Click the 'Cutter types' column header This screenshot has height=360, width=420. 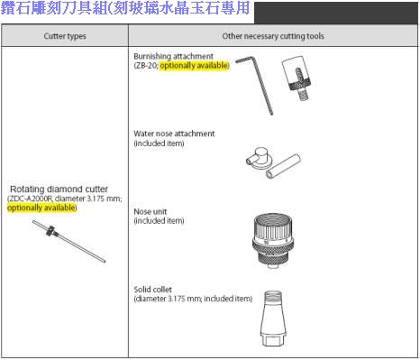pos(65,36)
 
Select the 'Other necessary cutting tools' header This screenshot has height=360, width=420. pos(273,36)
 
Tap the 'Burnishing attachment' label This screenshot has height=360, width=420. pos(173,56)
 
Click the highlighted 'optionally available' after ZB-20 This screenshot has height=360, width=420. pos(194,65)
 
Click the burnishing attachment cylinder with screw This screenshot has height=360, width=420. pos(297,78)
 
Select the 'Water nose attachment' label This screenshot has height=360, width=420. pos(174,134)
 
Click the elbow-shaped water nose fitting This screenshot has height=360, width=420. pos(259,157)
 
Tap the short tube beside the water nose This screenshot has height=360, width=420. pos(283,166)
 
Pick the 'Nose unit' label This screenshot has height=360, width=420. pos(151,211)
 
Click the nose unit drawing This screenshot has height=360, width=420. pos(272,240)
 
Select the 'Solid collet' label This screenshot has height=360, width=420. pos(152,290)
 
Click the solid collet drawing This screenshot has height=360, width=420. pos(273,318)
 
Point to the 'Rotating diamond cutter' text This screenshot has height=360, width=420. pos(59,189)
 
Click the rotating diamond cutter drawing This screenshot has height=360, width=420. pos(68,241)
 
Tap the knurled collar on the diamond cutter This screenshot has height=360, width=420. pos(51,231)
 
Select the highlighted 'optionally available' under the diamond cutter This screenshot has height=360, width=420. pos(41,208)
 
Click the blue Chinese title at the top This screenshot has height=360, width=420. pos(125,8)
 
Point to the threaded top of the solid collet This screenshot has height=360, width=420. pos(273,295)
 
